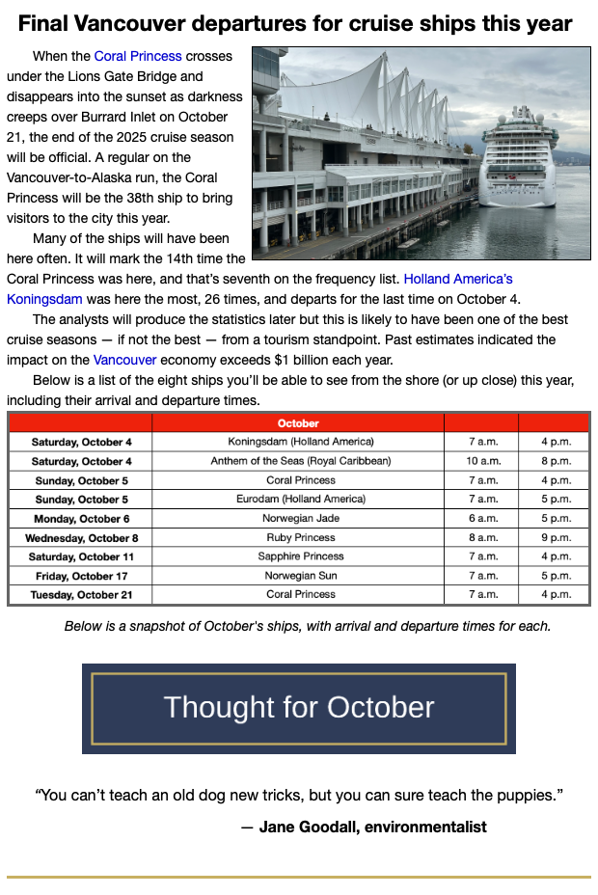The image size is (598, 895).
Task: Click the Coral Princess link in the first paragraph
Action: (138, 56)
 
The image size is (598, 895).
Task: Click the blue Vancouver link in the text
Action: (124, 360)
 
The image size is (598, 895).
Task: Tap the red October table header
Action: (298, 422)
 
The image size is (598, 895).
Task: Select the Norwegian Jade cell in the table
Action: (301, 518)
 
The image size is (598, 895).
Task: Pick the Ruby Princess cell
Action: (301, 537)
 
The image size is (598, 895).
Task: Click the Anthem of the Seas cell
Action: (301, 461)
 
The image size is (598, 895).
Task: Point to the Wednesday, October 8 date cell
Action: (81, 537)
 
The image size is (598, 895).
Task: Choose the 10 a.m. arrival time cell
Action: (481, 461)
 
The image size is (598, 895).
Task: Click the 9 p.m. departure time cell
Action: (556, 537)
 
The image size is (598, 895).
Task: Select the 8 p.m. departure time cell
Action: (556, 461)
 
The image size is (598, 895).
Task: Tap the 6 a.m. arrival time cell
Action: (481, 518)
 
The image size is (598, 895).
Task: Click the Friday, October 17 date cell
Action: (81, 576)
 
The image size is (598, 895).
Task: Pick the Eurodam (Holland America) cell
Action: (301, 500)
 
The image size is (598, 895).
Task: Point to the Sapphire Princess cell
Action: (301, 556)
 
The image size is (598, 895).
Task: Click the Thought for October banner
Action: (299, 708)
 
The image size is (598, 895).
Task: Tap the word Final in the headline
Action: (46, 23)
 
